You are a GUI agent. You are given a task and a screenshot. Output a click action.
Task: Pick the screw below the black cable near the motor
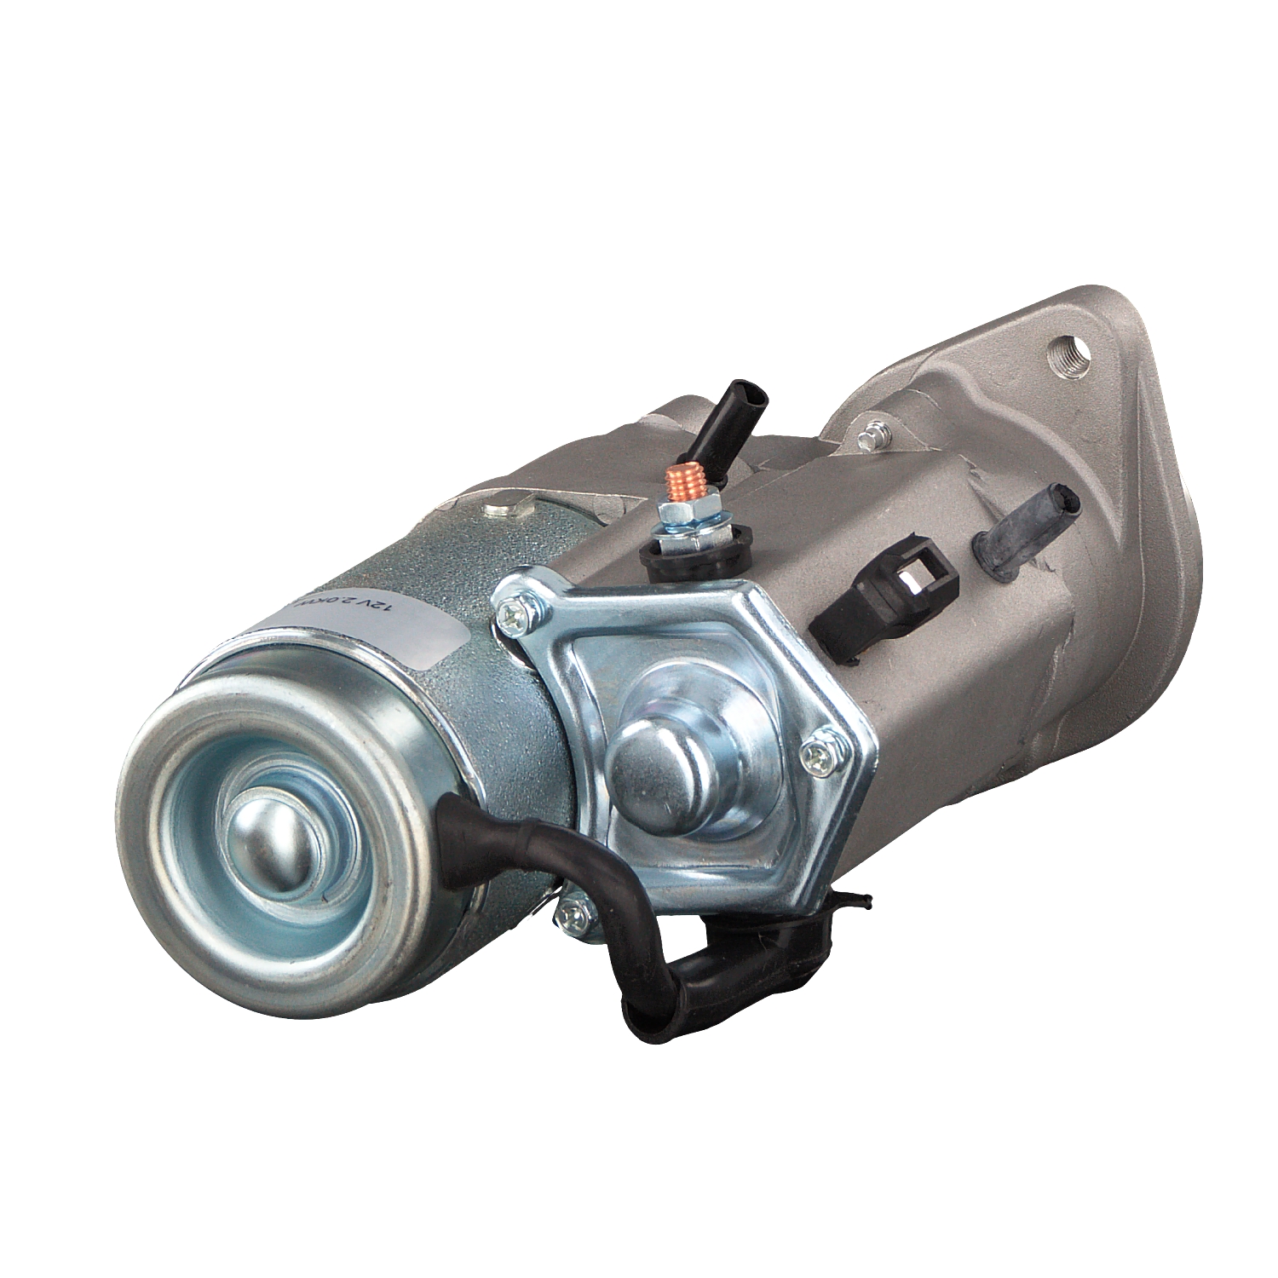571,915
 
